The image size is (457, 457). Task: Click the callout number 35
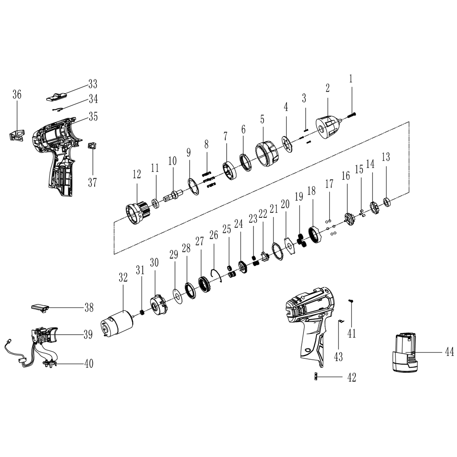[x=93, y=116]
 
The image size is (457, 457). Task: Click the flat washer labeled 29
[x=177, y=296]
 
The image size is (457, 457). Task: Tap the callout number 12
[x=137, y=174]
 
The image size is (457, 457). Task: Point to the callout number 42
[x=352, y=378]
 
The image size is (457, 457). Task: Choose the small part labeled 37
[x=92, y=146]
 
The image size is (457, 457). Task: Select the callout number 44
[x=449, y=352]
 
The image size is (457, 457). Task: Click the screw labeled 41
[x=351, y=303]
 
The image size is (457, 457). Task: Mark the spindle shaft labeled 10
[x=173, y=196]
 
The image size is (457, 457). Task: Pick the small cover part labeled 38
[x=39, y=307]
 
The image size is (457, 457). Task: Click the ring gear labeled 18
[x=315, y=234]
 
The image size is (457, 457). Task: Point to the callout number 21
[x=274, y=208]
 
